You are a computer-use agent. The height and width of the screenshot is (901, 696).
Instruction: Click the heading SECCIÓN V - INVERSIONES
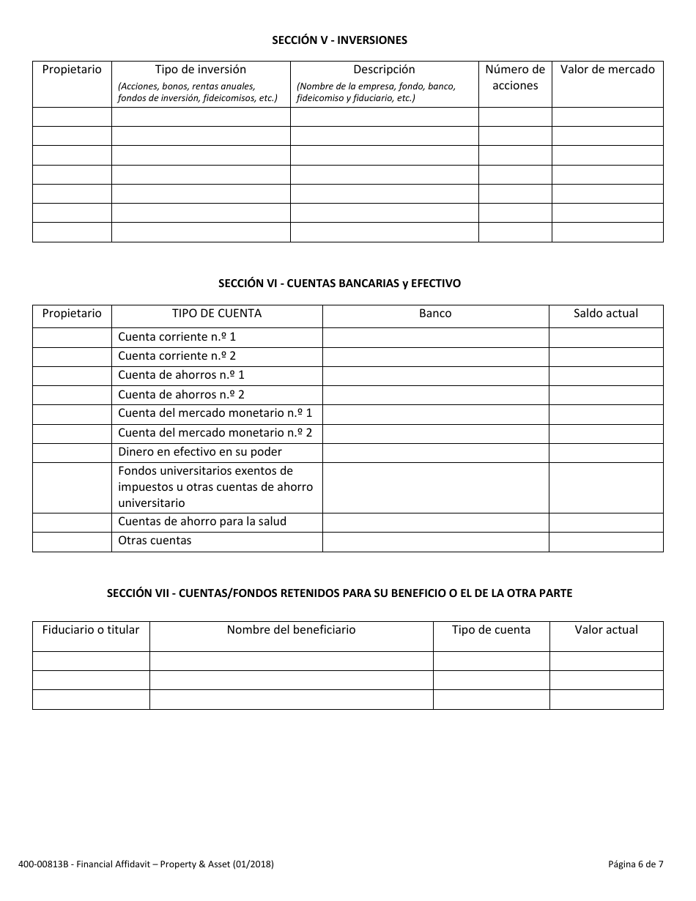(x=339, y=40)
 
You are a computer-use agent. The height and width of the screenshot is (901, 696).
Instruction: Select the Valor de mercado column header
(x=607, y=70)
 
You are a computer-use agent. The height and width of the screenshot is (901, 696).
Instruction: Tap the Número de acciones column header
(x=515, y=78)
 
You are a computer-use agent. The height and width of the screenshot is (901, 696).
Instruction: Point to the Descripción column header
(x=384, y=70)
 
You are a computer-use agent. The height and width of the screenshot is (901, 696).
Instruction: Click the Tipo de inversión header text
(x=201, y=70)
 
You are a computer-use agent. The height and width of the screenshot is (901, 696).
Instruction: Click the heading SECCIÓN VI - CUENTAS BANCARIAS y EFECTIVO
(x=340, y=283)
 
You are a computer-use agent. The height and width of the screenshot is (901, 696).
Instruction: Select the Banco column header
(x=435, y=314)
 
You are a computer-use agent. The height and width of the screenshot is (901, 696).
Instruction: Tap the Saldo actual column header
(x=606, y=314)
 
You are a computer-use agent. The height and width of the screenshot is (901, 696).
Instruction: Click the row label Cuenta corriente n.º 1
(x=177, y=337)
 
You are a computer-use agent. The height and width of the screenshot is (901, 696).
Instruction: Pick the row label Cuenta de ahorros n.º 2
(x=181, y=394)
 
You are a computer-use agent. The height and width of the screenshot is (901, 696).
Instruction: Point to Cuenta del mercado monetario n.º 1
(x=215, y=413)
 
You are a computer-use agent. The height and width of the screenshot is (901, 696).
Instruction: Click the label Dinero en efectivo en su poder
(x=200, y=452)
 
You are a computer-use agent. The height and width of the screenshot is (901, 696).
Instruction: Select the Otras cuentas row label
(x=155, y=541)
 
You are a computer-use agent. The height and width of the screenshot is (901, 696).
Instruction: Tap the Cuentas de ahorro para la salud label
(x=202, y=522)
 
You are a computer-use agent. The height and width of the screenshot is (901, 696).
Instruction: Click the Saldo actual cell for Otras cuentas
(x=606, y=541)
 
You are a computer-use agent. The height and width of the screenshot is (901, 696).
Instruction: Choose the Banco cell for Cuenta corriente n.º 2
(x=435, y=357)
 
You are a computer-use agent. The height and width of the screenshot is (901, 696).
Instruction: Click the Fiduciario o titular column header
(x=91, y=630)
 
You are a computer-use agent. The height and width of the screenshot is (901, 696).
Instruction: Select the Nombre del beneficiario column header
(x=291, y=630)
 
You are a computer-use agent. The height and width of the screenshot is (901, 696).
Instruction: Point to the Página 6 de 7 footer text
(x=635, y=864)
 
